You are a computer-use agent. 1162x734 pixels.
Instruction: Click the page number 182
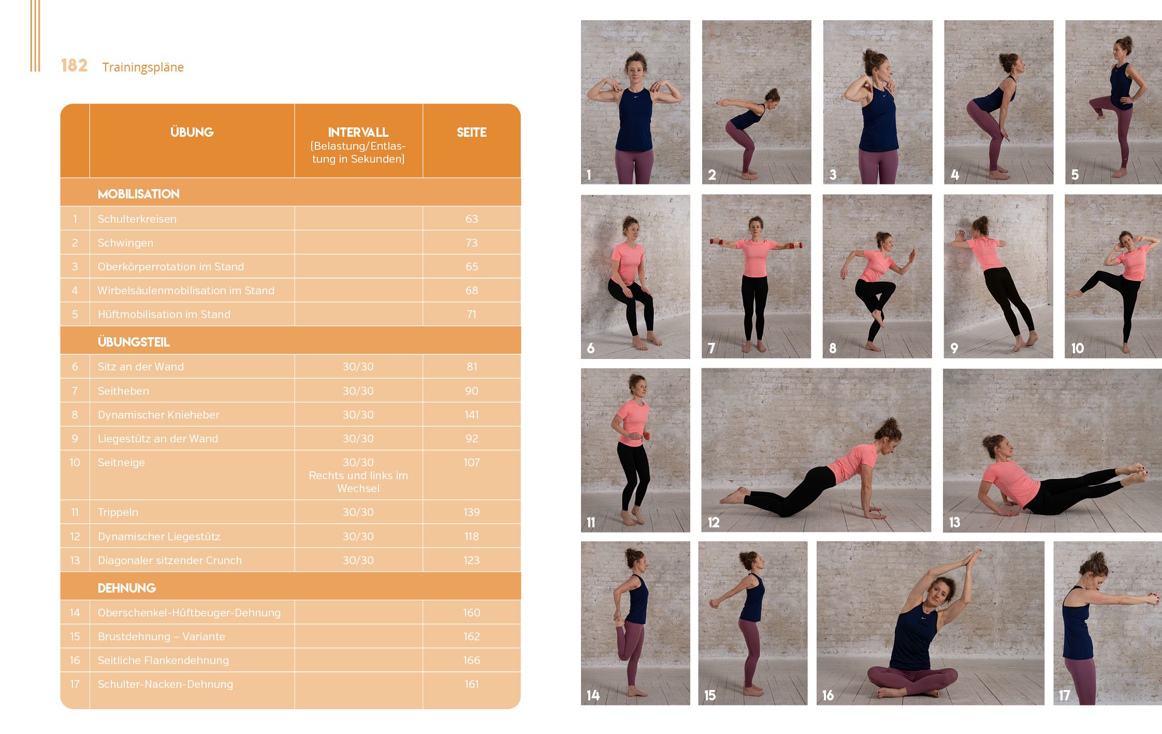74,65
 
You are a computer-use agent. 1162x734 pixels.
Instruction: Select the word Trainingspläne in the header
143,67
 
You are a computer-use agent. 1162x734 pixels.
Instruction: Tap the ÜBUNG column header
192,132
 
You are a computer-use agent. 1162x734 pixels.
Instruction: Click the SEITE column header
472,132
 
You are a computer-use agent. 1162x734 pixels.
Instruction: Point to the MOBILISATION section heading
139,194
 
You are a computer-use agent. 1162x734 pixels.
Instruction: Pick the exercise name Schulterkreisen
137,219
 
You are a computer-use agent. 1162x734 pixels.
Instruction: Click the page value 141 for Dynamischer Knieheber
472,415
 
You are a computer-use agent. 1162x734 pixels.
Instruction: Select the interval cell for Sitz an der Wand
358,367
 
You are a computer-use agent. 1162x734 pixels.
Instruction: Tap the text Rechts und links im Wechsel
358,482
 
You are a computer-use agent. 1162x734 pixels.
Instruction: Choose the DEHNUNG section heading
127,588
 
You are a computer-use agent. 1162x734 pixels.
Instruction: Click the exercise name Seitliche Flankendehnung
163,660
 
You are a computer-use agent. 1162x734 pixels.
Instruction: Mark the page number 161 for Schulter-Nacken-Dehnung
472,684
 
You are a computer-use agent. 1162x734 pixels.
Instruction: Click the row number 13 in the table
75,560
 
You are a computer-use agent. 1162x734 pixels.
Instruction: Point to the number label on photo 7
711,348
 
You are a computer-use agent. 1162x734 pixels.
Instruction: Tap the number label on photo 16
828,695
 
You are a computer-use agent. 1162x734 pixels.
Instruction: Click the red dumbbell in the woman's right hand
716,241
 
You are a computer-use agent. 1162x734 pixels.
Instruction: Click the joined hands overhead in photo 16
972,558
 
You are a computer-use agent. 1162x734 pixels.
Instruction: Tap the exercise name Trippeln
118,512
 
